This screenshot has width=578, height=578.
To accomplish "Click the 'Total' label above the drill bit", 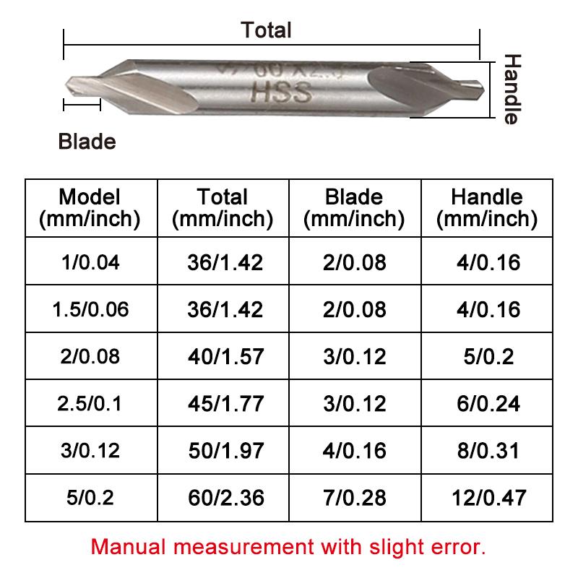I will pyautogui.click(x=267, y=30).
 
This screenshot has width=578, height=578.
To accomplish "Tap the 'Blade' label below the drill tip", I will pyautogui.click(x=87, y=141).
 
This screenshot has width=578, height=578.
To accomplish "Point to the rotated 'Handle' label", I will pyautogui.click(x=512, y=89).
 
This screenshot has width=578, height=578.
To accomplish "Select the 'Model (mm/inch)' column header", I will pyautogui.click(x=90, y=207).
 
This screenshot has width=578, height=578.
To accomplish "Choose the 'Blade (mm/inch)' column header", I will pyautogui.click(x=353, y=207).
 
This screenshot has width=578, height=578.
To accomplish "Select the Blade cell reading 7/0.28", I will pyautogui.click(x=355, y=497).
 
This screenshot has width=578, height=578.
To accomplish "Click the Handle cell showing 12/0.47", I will pyautogui.click(x=486, y=497).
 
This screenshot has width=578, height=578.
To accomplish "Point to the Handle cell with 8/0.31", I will pyautogui.click(x=486, y=450).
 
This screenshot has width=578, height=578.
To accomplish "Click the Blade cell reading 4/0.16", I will pyautogui.click(x=355, y=450).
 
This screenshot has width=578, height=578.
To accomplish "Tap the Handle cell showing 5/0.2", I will pyautogui.click(x=486, y=355).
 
